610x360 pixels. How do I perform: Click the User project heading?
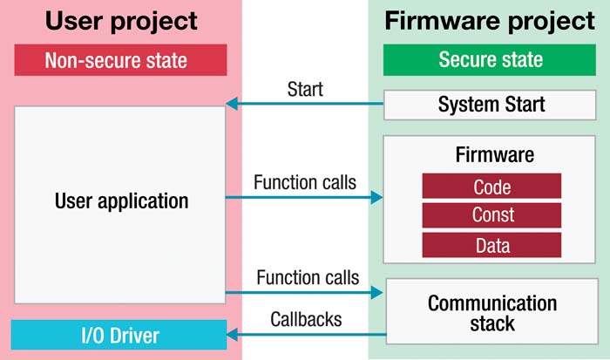(121, 22)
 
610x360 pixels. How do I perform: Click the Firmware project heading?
(490, 21)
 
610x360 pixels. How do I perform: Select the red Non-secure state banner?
(120, 60)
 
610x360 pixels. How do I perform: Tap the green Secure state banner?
(490, 59)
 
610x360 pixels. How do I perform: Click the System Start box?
(490, 105)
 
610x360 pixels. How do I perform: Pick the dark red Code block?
(491, 187)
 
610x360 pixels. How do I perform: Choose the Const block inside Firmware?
(491, 215)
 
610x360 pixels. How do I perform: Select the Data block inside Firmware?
(491, 245)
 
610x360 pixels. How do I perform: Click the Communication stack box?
(492, 311)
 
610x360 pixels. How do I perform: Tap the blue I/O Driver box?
(119, 335)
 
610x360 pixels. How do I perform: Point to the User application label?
(122, 201)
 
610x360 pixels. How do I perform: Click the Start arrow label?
(305, 89)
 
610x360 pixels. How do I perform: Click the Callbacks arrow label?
(306, 319)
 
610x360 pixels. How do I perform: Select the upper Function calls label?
(305, 182)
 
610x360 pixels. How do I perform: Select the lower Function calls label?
(308, 277)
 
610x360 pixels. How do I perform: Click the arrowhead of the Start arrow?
(232, 104)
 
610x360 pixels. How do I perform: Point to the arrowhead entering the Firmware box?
(376, 197)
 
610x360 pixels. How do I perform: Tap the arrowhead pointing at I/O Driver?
(233, 335)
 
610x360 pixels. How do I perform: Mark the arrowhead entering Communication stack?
(376, 292)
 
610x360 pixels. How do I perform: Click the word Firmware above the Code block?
(495, 155)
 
